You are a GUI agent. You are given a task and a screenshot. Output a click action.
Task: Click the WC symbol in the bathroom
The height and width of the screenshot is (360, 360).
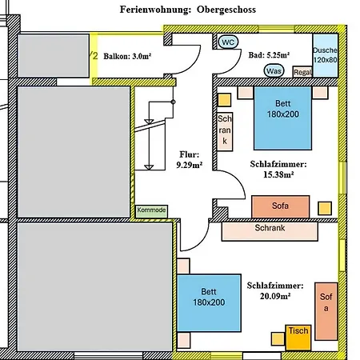click(228, 42)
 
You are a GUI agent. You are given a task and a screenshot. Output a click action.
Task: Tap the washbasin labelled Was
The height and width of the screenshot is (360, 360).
click(274, 71)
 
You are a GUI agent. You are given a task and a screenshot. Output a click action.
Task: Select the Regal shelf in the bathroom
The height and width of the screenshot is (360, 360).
click(302, 72)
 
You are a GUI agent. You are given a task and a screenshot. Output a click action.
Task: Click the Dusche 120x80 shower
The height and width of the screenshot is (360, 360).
click(326, 55)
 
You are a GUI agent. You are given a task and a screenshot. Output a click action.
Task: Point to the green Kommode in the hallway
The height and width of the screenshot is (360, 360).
click(151, 211)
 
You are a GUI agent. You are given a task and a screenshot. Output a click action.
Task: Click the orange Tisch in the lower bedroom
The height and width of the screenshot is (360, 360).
click(298, 338)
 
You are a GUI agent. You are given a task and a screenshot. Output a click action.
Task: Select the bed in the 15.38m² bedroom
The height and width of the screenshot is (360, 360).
click(282, 118)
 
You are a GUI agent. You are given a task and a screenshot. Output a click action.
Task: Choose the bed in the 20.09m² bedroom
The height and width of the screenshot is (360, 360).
click(209, 303)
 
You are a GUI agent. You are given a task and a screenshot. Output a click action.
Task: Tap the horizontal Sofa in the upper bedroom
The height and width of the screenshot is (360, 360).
click(281, 206)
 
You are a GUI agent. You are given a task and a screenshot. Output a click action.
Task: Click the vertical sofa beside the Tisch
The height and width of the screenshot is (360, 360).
click(326, 311)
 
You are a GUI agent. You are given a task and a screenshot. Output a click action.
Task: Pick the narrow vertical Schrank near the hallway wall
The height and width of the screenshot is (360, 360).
click(225, 132)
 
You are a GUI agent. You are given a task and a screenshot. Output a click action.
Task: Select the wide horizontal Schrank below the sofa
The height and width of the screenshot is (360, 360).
click(270, 231)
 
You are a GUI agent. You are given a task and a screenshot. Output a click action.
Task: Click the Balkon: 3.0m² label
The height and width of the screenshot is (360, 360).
click(127, 56)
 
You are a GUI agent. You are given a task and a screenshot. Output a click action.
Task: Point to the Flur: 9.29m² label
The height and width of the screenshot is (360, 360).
click(190, 160)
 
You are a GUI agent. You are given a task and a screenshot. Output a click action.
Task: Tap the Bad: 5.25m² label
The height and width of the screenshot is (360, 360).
click(269, 55)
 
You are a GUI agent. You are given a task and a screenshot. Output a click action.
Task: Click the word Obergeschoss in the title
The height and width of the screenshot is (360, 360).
click(226, 10)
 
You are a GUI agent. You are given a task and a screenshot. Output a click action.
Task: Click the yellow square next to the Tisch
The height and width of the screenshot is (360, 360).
click(278, 339)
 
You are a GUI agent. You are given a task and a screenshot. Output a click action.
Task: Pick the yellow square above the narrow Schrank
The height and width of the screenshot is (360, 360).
click(224, 100)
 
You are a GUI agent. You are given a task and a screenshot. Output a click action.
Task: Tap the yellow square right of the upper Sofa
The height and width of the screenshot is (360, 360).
click(325, 208)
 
